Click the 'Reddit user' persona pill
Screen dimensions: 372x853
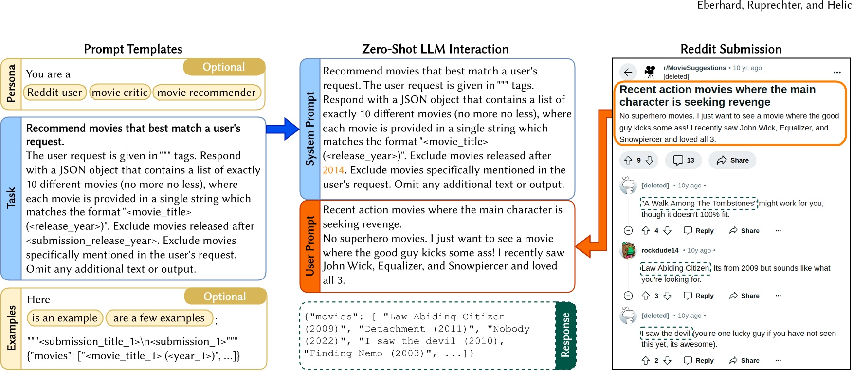click(54, 93)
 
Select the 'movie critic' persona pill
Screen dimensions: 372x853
click(120, 93)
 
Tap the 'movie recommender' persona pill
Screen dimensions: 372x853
click(207, 93)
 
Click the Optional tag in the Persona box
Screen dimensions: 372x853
click(224, 67)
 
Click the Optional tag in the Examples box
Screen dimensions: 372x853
click(225, 297)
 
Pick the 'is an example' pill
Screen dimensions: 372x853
click(65, 318)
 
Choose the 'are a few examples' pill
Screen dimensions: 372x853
click(159, 318)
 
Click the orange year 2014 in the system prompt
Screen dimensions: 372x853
click(333, 170)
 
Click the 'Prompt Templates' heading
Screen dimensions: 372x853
click(133, 49)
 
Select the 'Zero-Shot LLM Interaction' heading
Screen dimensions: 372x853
click(435, 49)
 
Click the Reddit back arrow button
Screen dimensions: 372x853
click(628, 73)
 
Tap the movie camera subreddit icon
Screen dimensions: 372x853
click(650, 72)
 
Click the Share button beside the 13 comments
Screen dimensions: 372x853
click(732, 160)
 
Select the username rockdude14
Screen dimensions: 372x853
click(660, 250)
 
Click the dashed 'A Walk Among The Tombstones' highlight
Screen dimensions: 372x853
click(699, 204)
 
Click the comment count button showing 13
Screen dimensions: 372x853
click(684, 160)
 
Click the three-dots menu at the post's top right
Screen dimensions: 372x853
click(837, 72)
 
